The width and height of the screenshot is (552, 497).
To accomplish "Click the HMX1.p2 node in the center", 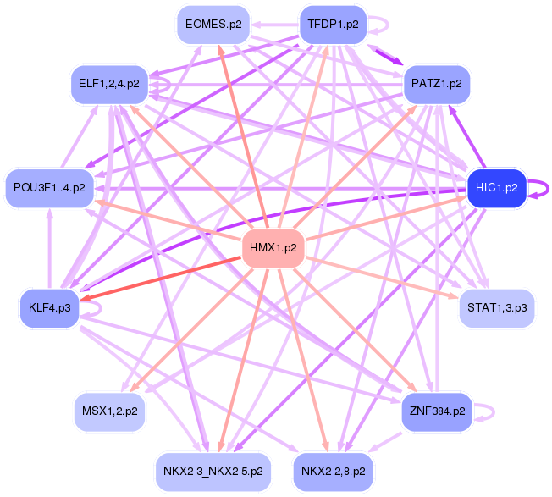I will click(x=273, y=248).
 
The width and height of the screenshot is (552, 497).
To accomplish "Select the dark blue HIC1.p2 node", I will click(x=496, y=187).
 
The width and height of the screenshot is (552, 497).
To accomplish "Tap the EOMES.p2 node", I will click(x=213, y=25).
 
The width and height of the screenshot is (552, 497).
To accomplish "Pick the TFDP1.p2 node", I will click(x=334, y=25).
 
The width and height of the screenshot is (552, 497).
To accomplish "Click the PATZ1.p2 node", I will click(x=436, y=85).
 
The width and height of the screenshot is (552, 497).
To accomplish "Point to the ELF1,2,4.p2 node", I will click(x=109, y=83).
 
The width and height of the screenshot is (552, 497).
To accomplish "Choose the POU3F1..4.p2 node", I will click(x=49, y=187).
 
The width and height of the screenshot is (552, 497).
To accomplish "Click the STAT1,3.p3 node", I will click(x=497, y=308).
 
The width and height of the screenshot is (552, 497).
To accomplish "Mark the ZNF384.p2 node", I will click(x=436, y=411).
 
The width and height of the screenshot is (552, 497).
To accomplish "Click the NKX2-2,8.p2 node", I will click(x=334, y=469).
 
